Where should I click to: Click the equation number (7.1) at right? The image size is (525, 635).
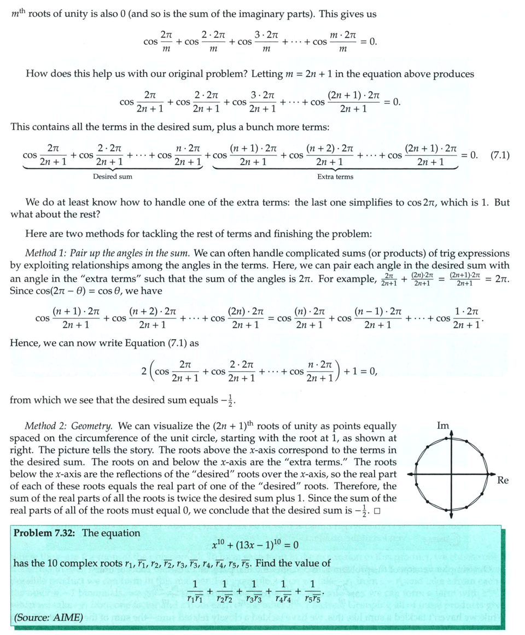tap(499, 155)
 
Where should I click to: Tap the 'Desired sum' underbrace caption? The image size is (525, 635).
tap(112, 177)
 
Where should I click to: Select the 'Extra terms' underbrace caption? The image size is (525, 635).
tap(335, 177)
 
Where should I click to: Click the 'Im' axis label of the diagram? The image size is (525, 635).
tap(444, 425)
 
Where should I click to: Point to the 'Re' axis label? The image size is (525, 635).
tap(503, 480)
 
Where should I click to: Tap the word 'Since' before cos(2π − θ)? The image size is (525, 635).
tap(22, 291)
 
